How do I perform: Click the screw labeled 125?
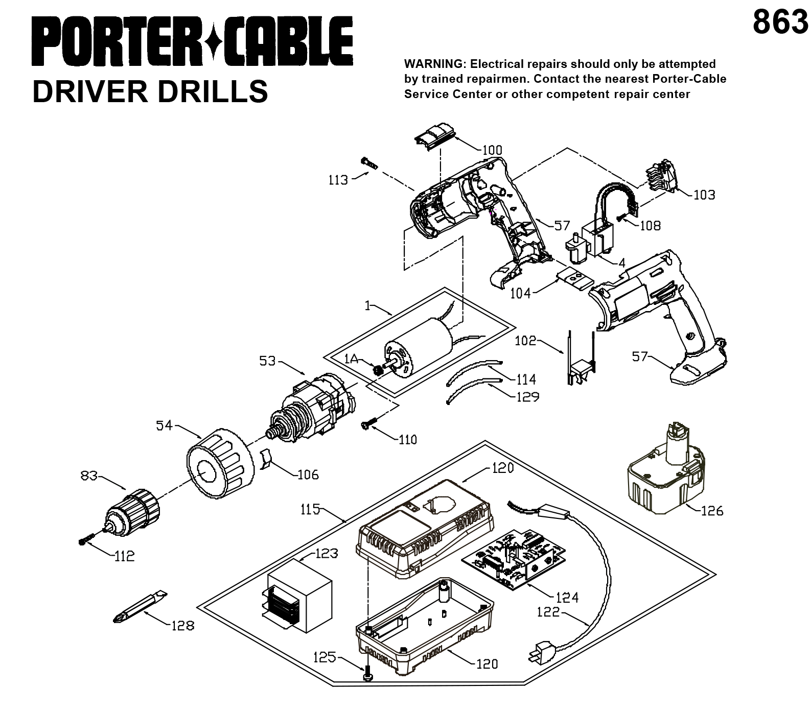click(367, 673)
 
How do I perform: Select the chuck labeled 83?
click(131, 513)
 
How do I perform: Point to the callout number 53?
click(267, 361)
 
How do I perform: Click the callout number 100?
click(493, 150)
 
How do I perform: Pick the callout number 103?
click(704, 195)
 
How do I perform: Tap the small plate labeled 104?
click(574, 278)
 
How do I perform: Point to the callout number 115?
click(311, 509)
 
